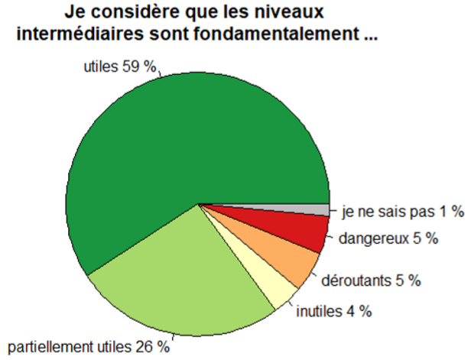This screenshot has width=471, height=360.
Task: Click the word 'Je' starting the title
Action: click(x=74, y=14)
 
